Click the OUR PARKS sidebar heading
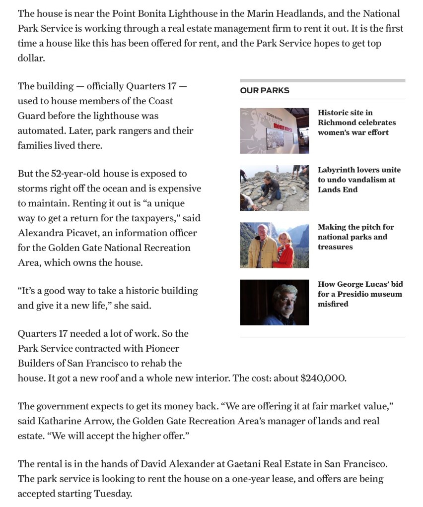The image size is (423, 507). tap(265, 90)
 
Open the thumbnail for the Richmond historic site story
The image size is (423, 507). tap(274, 130)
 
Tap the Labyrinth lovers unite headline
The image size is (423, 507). tap(359, 180)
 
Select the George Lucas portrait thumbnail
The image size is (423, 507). tap(274, 302)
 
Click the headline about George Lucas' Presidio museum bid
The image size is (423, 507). tap(360, 294)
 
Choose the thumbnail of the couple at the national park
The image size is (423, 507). tap(274, 245)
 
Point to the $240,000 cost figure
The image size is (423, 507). tap(323, 378)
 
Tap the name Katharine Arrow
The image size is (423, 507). tap(72, 421)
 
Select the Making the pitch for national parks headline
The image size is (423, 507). tap(355, 237)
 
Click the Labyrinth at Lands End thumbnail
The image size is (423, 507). tap(274, 188)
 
